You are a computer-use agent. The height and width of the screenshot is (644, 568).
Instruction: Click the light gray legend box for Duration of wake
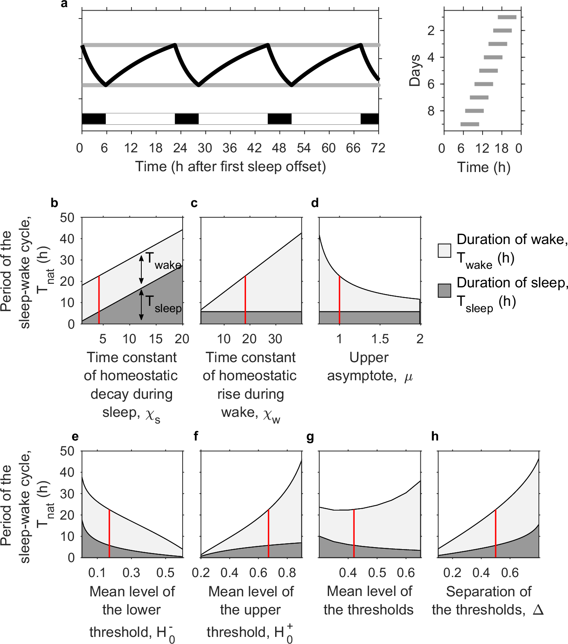pos(444,251)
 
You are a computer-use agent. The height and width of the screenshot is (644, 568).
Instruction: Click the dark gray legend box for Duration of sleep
pos(444,291)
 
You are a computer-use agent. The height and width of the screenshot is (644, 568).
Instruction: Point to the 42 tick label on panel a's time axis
pos(254,148)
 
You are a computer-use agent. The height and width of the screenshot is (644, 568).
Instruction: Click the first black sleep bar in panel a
pos(94,118)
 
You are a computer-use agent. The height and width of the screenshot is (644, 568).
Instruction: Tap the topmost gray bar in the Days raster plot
pos(507,17)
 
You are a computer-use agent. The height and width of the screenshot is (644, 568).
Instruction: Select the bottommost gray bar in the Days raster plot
pos(470,124)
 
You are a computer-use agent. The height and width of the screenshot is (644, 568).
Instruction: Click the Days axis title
pos(415,70)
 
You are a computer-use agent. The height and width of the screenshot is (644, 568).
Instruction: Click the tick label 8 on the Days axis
pos(431,111)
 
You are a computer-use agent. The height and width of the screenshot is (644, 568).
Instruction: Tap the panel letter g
pos(310,437)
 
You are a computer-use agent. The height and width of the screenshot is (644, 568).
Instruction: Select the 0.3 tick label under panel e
pos(131,573)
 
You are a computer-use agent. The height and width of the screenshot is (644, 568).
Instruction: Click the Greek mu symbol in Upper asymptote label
pos(409,377)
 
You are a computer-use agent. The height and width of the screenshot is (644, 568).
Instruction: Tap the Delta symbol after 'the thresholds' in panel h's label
pos(538,610)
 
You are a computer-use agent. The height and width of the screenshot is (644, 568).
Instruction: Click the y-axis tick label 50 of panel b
pos(67,217)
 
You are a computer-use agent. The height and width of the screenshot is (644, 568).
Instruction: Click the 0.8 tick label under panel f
pos(287,573)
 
